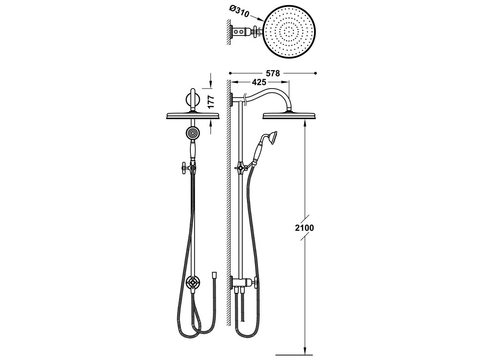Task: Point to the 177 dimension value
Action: (x=210, y=102)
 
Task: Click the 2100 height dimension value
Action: (x=305, y=228)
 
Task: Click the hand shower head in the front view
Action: (x=192, y=133)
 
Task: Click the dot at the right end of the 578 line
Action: (x=315, y=73)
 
